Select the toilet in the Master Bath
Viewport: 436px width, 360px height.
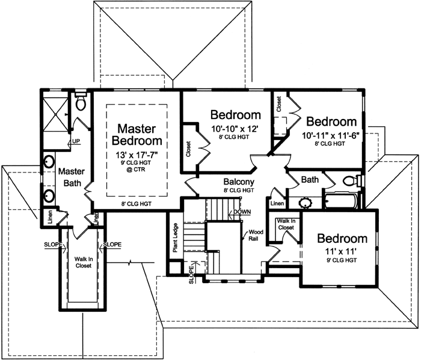(x=81, y=104)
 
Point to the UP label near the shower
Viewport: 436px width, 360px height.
(x=76, y=142)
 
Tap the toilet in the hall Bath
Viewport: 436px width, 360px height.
(x=351, y=181)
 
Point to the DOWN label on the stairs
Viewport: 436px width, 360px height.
(x=242, y=212)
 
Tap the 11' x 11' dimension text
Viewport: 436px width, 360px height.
(x=342, y=252)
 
